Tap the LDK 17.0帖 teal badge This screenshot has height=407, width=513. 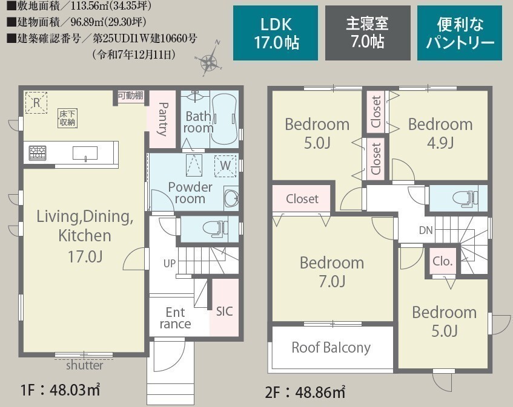pyautogui.click(x=276, y=33)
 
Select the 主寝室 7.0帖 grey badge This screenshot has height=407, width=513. pyautogui.click(x=368, y=33)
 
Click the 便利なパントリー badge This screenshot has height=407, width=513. pyautogui.click(x=460, y=33)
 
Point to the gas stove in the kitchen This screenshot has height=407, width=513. pyautogui.click(x=38, y=153)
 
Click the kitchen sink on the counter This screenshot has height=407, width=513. pyautogui.click(x=85, y=154)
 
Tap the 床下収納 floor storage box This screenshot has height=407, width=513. pyautogui.click(x=67, y=118)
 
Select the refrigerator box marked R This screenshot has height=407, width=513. pyautogui.click(x=36, y=103)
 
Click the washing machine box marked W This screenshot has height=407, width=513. pyautogui.click(x=225, y=166)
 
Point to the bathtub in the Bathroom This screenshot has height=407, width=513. pyautogui.click(x=224, y=120)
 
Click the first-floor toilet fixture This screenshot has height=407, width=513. pyautogui.click(x=215, y=229)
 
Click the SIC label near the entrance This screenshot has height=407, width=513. pyautogui.click(x=225, y=311)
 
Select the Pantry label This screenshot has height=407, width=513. pyautogui.click(x=162, y=119)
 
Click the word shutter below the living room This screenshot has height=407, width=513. pyautogui.click(x=85, y=365)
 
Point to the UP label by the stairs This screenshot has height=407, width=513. pyautogui.click(x=170, y=263)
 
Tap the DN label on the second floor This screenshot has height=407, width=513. pyautogui.click(x=426, y=230)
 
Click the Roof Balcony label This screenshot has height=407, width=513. pyautogui.click(x=331, y=348)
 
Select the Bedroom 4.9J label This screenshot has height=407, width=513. pyautogui.click(x=440, y=133)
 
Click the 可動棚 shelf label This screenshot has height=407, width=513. pyautogui.click(x=131, y=96)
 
